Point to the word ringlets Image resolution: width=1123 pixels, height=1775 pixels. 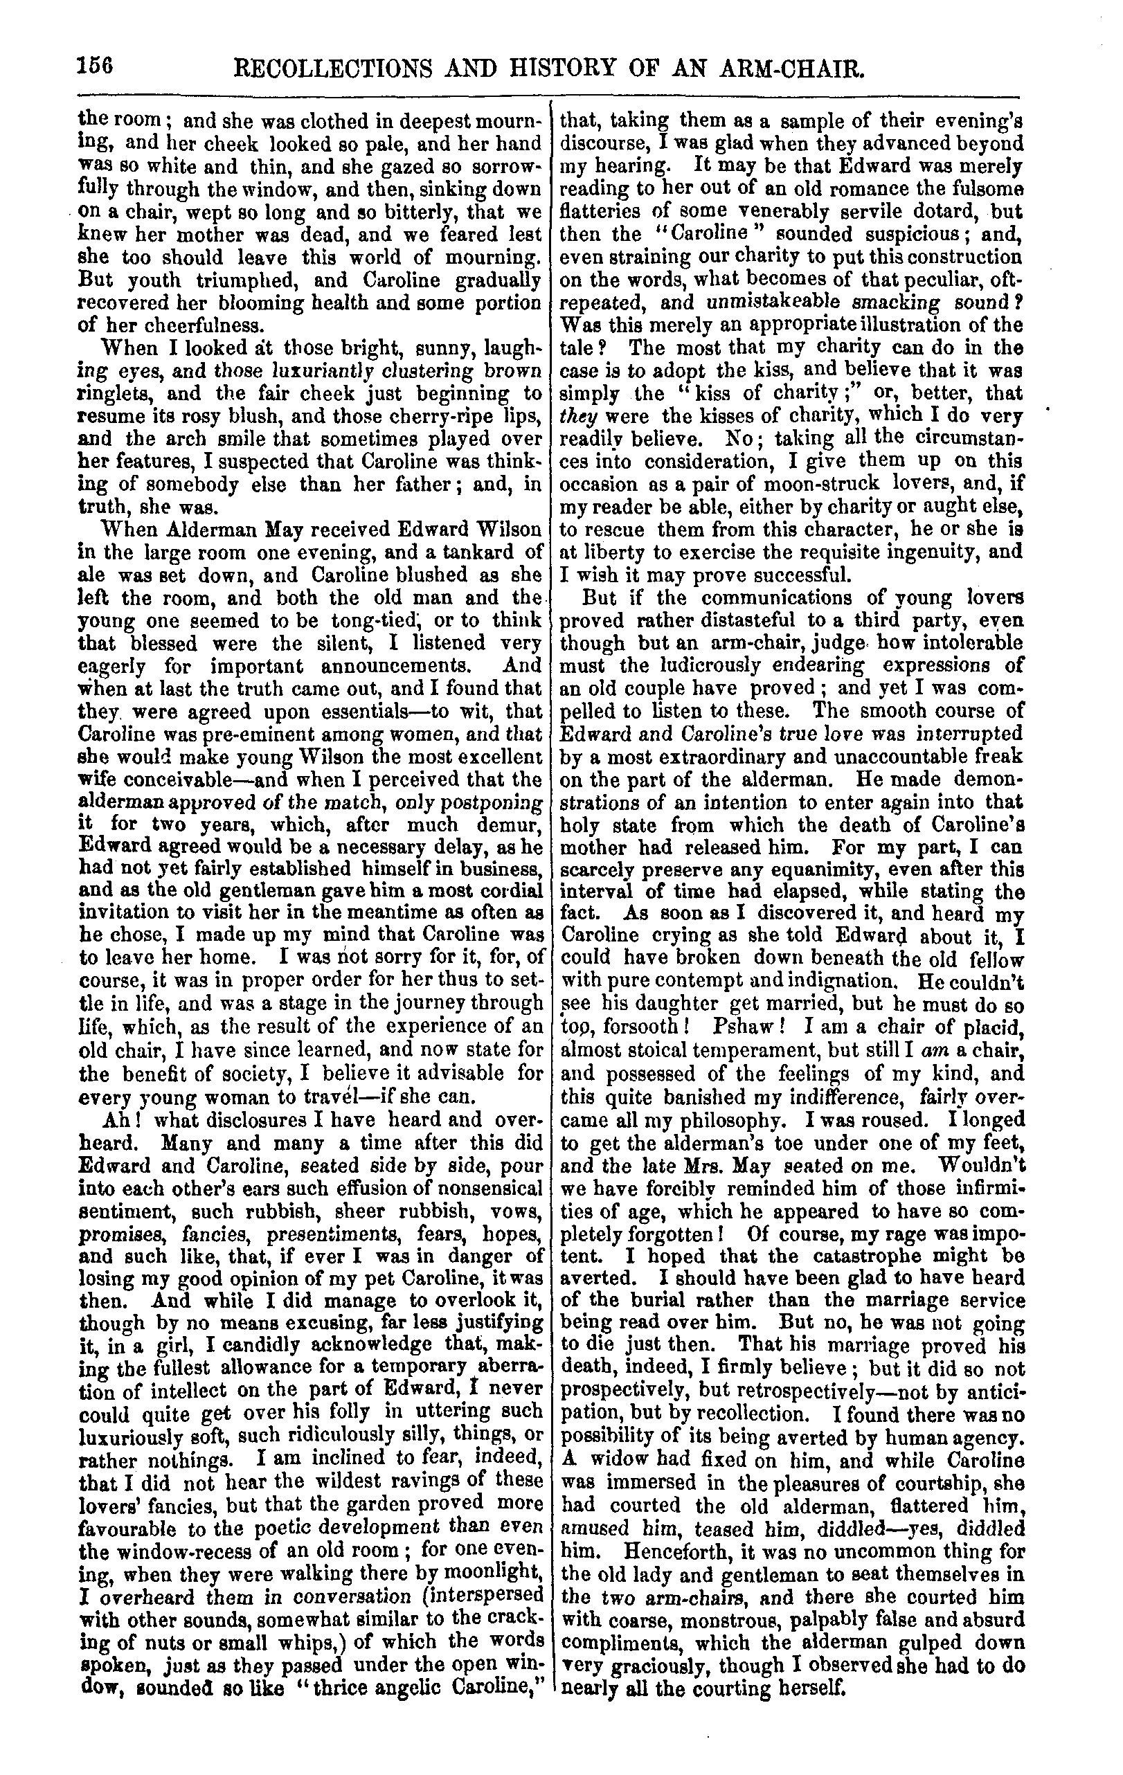click(x=114, y=394)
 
